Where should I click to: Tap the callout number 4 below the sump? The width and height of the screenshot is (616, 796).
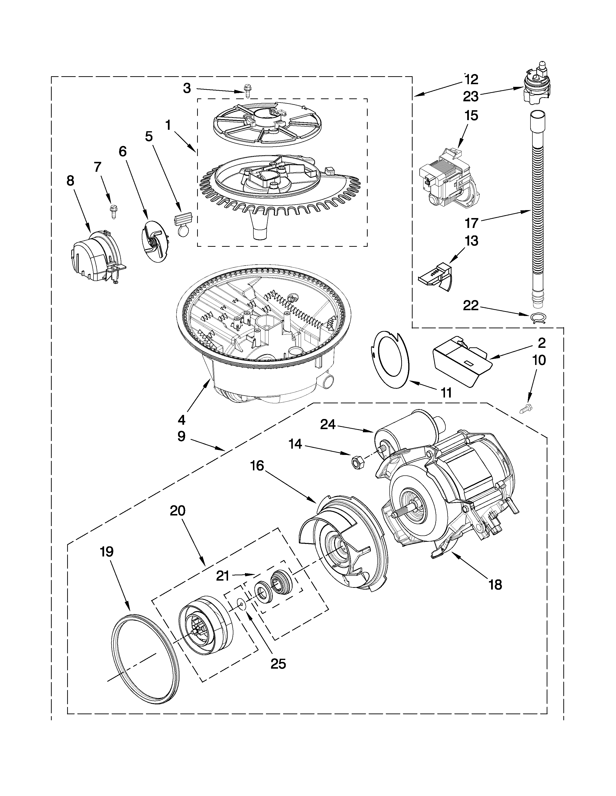pyautogui.click(x=181, y=420)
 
